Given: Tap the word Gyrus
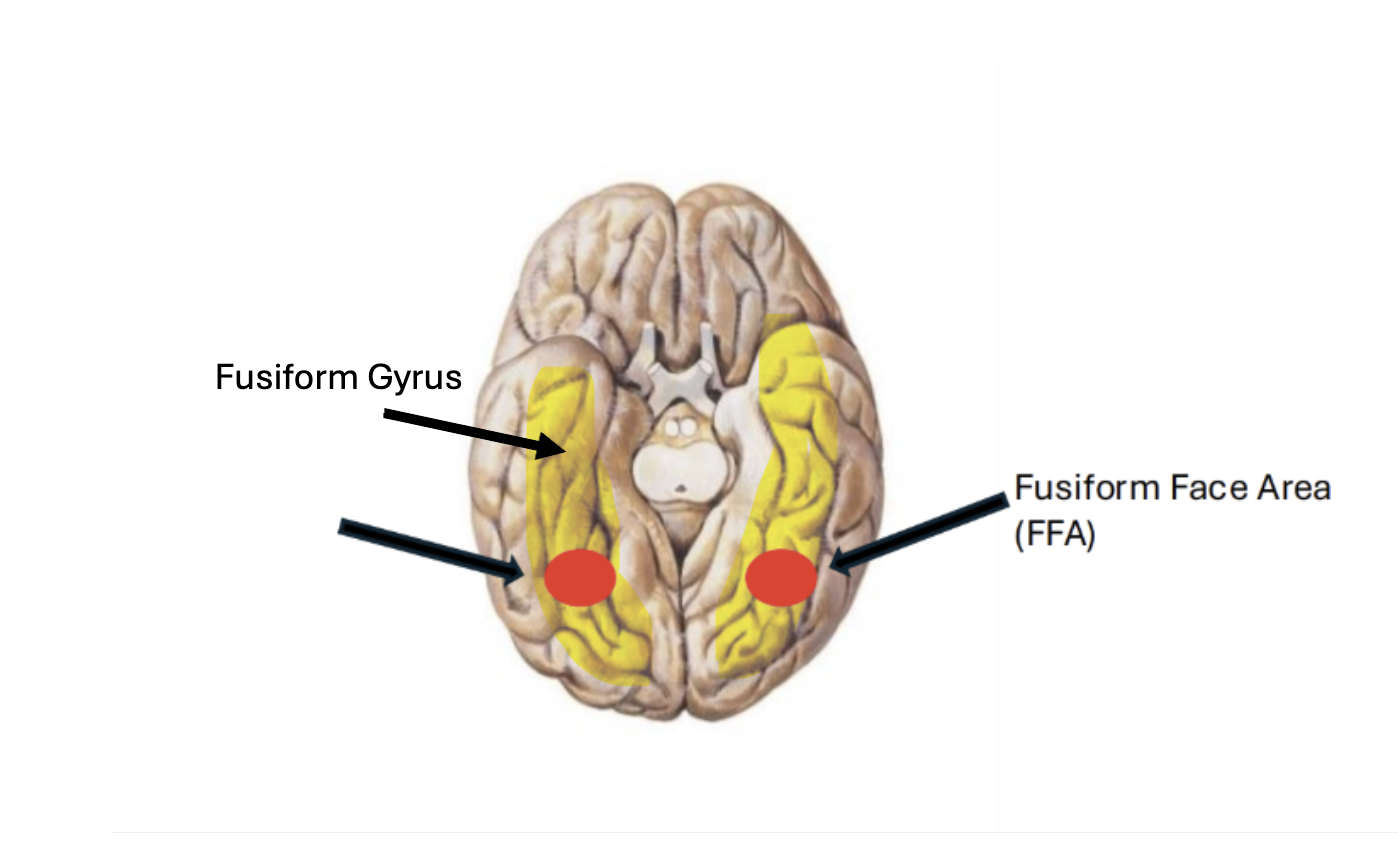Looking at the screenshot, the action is [x=414, y=379].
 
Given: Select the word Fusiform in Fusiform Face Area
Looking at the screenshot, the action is [x=1087, y=487].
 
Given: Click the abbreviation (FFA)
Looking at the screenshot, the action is [x=1055, y=534].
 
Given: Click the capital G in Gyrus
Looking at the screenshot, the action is [x=380, y=377].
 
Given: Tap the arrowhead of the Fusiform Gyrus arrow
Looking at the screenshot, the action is [x=550, y=446].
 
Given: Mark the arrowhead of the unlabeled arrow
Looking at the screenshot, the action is [x=514, y=572].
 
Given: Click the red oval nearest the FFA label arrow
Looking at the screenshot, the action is [x=781, y=577].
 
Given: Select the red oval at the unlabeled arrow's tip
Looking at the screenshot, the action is [x=580, y=578].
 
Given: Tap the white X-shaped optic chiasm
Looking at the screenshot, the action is [x=679, y=371].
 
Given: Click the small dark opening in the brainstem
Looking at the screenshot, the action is [x=681, y=489].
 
